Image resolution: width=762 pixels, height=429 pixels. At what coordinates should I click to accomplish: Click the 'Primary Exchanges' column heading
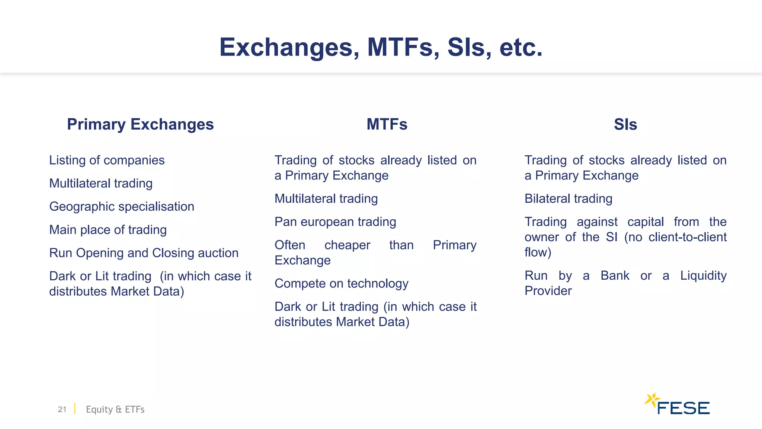pos(140,124)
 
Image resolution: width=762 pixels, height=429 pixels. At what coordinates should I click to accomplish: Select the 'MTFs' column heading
pos(387,124)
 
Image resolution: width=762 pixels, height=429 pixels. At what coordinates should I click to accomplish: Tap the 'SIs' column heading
pos(625,124)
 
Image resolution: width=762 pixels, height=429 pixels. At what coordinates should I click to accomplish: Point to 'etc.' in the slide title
pos(521,48)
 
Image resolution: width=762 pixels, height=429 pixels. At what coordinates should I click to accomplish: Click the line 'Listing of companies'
pos(107,160)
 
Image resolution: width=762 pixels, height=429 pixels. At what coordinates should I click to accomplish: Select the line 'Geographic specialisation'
pos(122,206)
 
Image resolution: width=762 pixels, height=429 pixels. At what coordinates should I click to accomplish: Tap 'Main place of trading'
pos(108,230)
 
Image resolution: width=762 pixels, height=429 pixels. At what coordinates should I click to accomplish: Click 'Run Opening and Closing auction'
pos(144,253)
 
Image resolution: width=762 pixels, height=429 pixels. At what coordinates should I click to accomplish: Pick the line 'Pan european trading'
pos(335,222)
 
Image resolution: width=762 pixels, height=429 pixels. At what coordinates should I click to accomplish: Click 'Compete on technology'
pos(341,283)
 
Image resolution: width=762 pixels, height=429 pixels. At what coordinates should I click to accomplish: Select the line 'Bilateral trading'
pos(568,198)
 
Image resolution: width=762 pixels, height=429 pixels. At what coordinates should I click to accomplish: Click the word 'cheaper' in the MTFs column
pos(347,245)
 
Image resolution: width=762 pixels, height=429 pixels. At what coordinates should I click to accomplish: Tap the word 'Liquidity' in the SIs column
pos(703,276)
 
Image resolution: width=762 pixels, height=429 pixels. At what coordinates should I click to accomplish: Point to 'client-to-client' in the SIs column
pos(687,237)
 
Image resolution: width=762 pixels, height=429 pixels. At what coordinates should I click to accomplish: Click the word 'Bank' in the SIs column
pos(615,276)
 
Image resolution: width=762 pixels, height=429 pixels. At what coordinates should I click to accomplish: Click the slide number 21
pos(62,409)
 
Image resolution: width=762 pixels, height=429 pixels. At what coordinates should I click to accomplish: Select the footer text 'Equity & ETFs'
pos(115,409)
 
